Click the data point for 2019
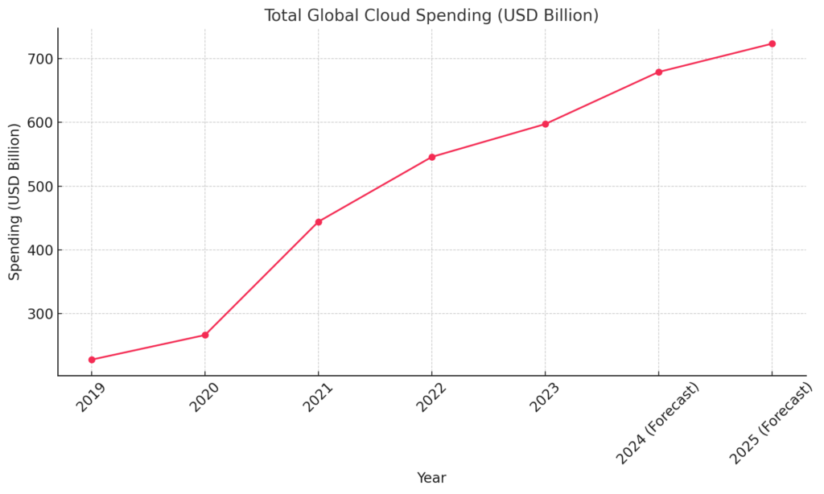tap(92, 360)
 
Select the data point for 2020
tap(205, 335)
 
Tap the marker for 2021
tap(319, 221)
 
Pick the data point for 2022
tap(432, 157)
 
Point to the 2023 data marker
tap(546, 124)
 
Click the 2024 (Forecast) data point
tap(659, 72)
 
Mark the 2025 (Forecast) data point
tap(772, 43)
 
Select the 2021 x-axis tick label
tap(318, 396)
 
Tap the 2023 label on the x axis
tap(545, 396)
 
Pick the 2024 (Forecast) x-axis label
tap(658, 422)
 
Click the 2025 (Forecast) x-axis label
tap(772, 422)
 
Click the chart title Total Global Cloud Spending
tap(431, 15)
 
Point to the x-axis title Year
tap(431, 478)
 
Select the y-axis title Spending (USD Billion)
tap(14, 202)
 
